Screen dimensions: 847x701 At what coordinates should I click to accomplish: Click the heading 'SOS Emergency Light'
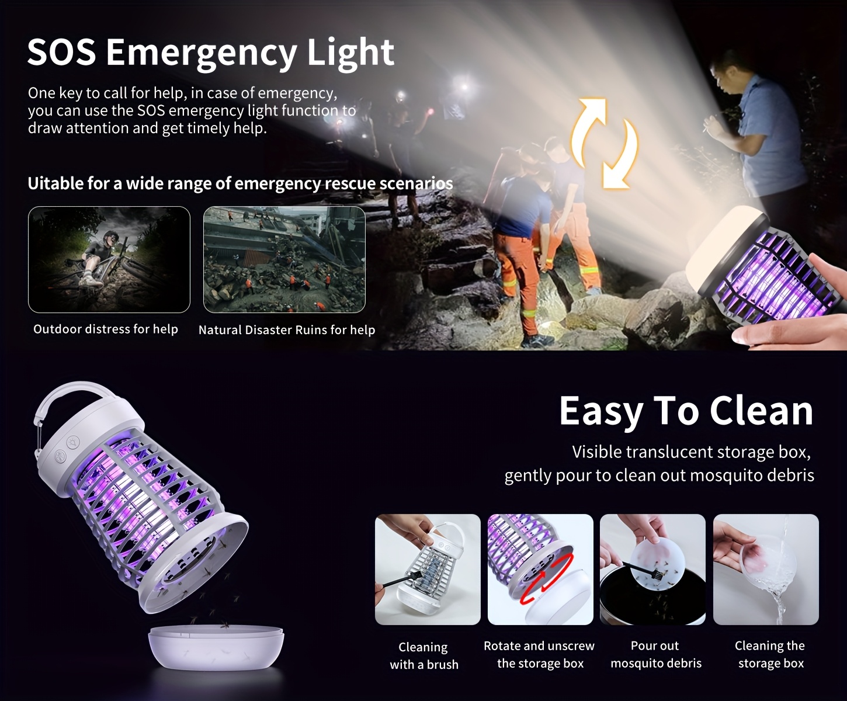coord(210,53)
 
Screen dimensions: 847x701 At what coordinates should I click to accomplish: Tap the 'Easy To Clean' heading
coord(686,411)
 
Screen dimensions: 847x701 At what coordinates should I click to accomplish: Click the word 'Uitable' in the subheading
coord(55,183)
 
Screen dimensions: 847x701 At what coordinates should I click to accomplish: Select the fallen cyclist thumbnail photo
coord(109,259)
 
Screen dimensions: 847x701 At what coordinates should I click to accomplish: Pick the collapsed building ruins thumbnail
coord(284,259)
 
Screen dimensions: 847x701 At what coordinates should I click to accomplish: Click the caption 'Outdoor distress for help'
coord(106,329)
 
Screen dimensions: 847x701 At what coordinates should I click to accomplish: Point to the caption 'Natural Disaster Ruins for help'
coord(287,330)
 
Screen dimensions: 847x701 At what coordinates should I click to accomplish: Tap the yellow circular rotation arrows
coord(604,144)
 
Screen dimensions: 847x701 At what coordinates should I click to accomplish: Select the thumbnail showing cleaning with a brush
coord(428,569)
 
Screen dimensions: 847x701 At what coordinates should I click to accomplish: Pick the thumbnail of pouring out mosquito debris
coord(652,569)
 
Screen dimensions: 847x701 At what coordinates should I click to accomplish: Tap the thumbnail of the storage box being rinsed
coord(766,569)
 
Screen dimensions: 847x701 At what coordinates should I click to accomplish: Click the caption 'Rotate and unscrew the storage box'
coord(539,654)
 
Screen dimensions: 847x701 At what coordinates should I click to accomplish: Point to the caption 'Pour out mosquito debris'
coord(656,654)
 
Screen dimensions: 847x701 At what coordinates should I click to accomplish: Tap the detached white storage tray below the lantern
coord(216,648)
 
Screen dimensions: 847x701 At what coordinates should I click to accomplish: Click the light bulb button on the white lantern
coord(74,442)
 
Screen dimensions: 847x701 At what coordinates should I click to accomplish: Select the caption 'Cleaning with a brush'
coord(424,655)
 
